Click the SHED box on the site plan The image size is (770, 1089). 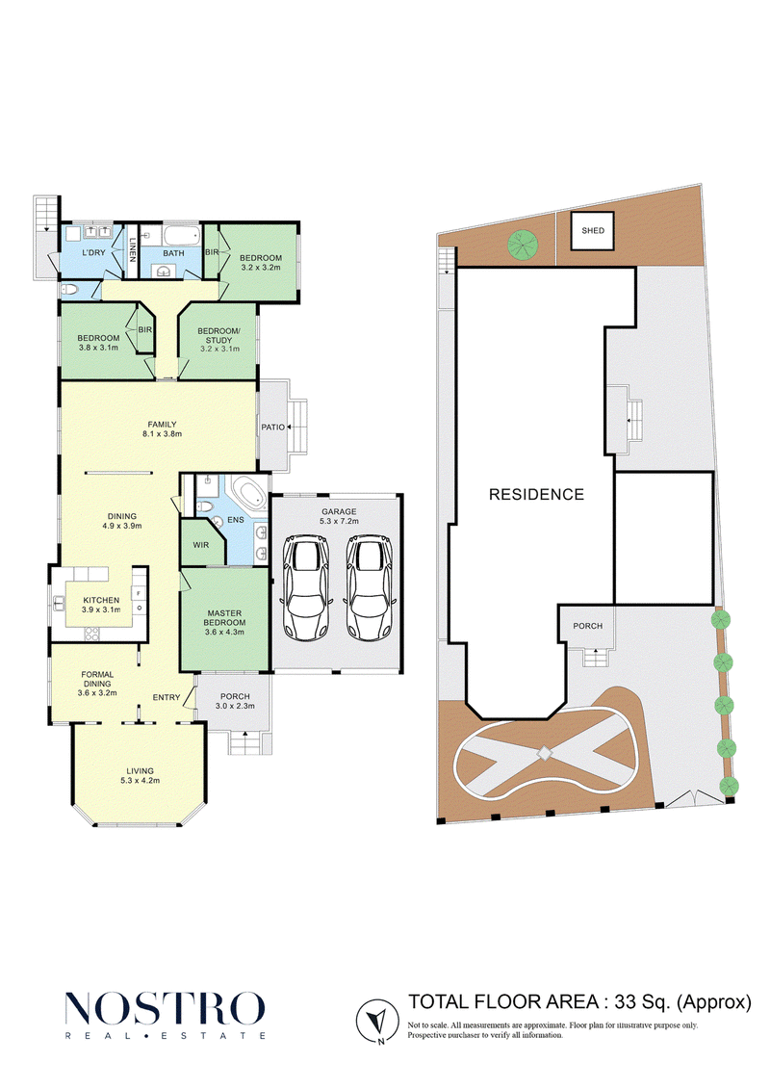(x=593, y=230)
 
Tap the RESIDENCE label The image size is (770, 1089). (x=537, y=495)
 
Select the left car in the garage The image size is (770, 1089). (x=305, y=587)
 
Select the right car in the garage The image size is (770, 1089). (x=370, y=587)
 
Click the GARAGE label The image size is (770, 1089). (x=339, y=512)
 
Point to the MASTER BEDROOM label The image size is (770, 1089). (x=224, y=618)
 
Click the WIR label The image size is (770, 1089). (x=201, y=545)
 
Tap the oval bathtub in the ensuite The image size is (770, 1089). (x=248, y=495)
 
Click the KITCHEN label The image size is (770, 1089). (x=101, y=600)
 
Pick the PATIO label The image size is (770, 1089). (x=273, y=428)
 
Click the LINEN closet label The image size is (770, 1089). (x=133, y=250)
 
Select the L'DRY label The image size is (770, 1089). (x=93, y=253)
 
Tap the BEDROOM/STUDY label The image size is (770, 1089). (x=219, y=335)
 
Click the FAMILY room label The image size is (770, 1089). (x=163, y=425)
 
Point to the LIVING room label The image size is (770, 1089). (x=141, y=771)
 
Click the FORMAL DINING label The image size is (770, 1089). (x=97, y=679)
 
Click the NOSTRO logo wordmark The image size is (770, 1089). (x=165, y=1008)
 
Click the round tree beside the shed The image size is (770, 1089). (x=524, y=246)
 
